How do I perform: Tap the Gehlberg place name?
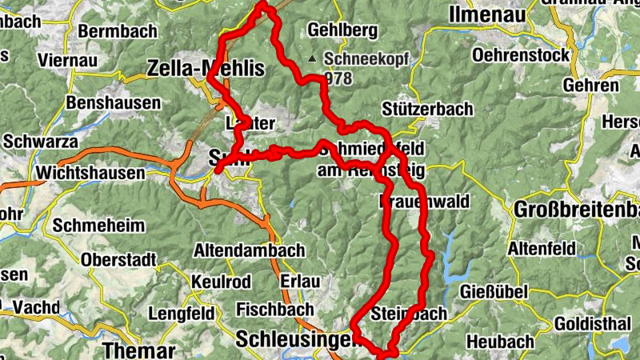point(342,31)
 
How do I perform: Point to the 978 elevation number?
point(339,78)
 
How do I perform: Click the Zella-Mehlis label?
point(206,70)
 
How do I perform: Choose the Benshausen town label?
point(124,103)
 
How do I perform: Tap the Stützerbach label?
point(427,109)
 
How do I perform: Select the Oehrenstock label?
point(521,55)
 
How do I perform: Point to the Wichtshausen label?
point(90,173)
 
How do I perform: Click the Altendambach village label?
point(249,250)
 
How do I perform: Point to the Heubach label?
point(500,342)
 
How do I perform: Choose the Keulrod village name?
point(221,282)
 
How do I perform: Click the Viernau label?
point(66,60)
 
